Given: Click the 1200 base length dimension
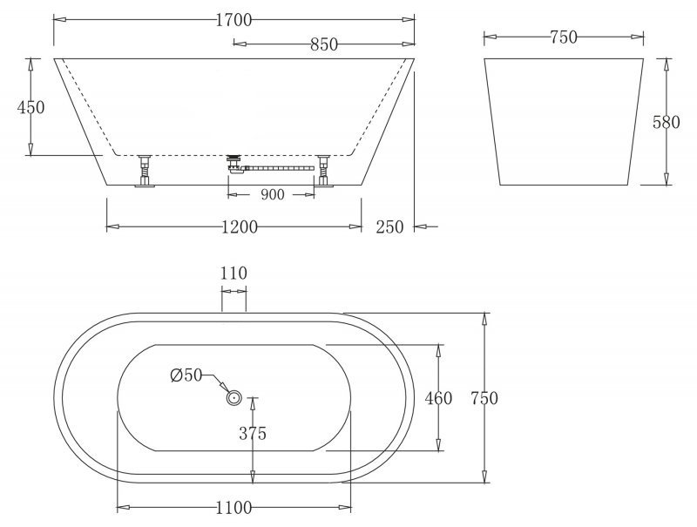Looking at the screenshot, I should pos(238,227).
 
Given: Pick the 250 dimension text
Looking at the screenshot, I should pos(389,227).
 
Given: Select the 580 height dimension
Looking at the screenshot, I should pos(667,122).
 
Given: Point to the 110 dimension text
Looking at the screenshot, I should pos(233,274).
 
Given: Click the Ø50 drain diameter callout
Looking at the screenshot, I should pos(186,375).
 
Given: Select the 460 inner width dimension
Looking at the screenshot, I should pos(439,398).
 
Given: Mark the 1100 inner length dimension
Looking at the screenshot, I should pos(234,506).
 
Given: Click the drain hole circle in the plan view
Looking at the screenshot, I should pos(234,398).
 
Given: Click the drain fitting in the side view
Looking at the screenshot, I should pos(233,163).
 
